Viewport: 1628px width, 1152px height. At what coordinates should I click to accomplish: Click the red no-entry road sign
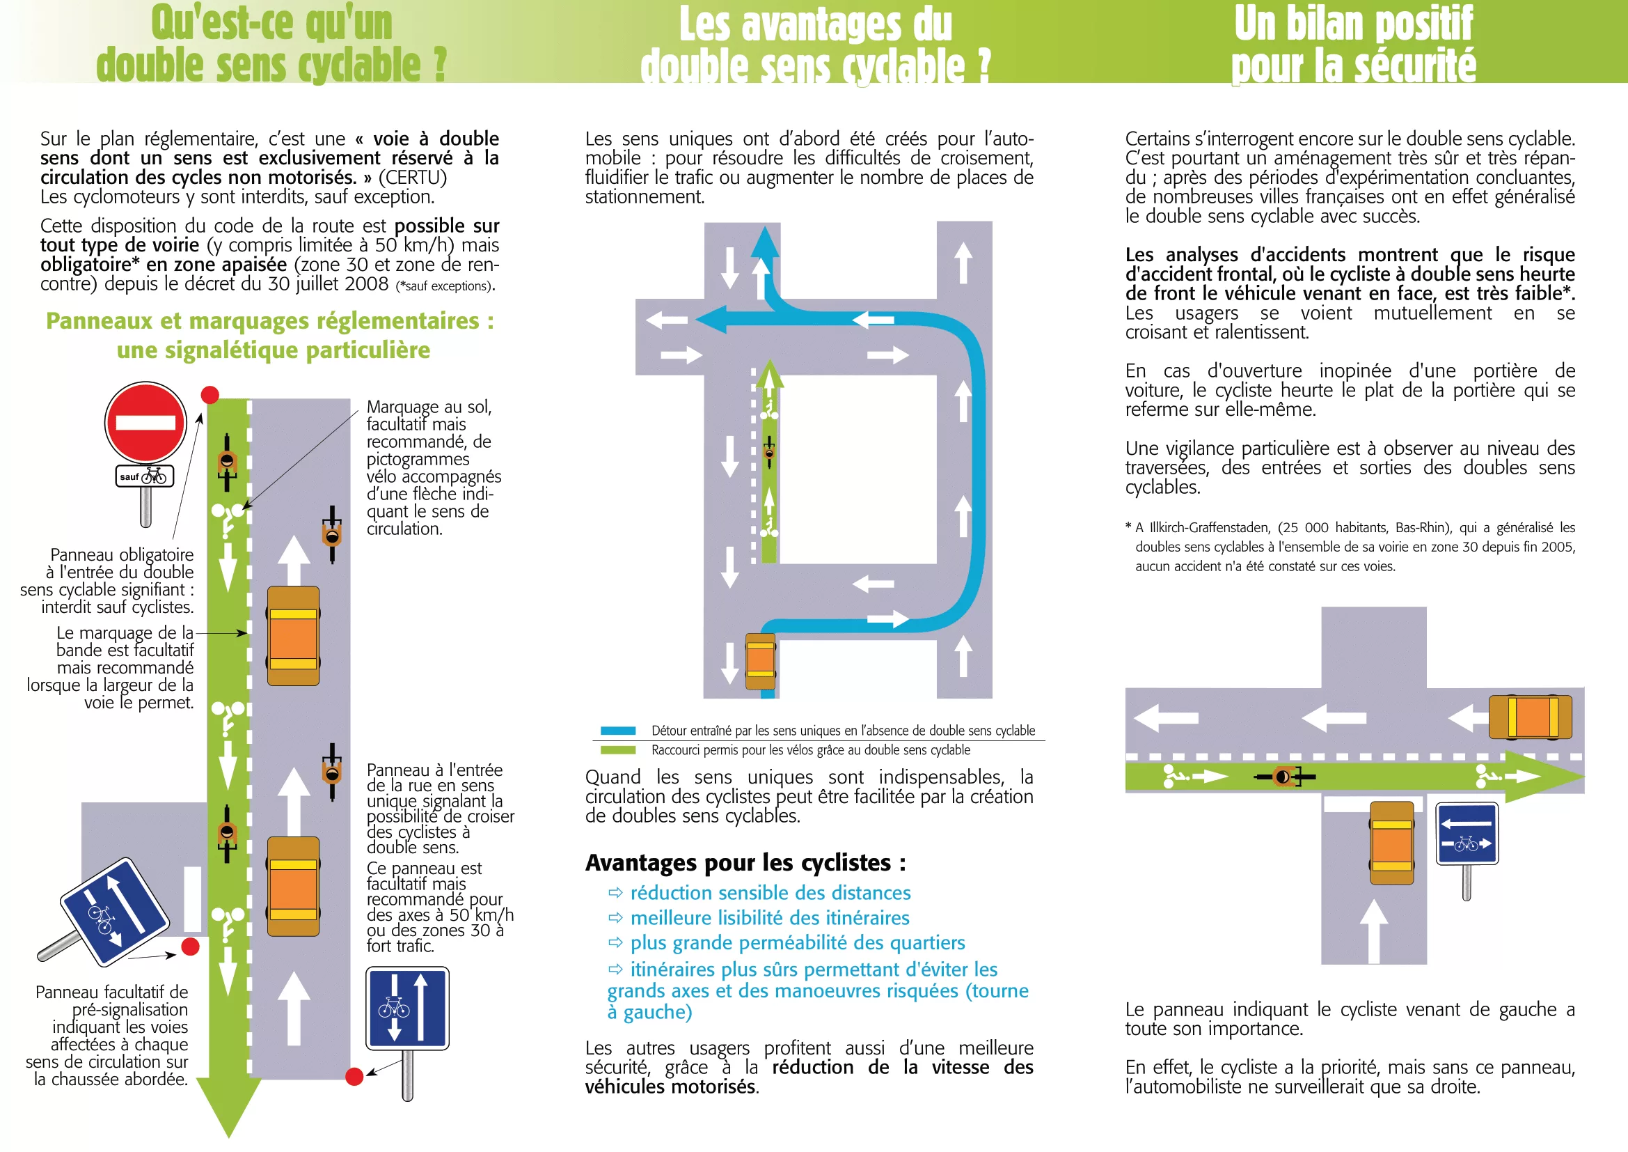(x=145, y=423)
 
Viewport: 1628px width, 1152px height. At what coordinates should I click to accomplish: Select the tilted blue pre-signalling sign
(x=113, y=912)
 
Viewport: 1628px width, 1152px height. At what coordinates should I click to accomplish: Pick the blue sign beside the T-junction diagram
(x=1467, y=834)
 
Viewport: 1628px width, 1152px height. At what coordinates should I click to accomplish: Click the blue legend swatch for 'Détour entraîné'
(x=617, y=731)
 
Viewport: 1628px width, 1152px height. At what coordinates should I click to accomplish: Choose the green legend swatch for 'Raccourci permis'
(x=617, y=751)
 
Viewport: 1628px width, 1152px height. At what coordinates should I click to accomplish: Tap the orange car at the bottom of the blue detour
(x=760, y=661)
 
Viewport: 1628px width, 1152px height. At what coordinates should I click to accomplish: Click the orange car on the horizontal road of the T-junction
(x=1530, y=717)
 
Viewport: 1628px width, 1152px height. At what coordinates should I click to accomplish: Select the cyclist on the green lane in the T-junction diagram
(x=1284, y=777)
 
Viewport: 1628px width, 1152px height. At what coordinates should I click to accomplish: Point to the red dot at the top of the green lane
(x=210, y=395)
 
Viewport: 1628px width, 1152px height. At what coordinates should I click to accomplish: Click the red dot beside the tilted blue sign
(x=190, y=947)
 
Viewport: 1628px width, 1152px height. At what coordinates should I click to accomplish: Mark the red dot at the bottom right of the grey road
(x=354, y=1077)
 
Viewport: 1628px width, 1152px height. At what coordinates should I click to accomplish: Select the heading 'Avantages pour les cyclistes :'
(x=745, y=862)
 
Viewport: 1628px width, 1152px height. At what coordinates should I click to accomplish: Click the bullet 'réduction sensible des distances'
(x=770, y=893)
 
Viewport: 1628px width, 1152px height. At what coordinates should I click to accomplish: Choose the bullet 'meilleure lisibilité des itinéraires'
(x=769, y=918)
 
